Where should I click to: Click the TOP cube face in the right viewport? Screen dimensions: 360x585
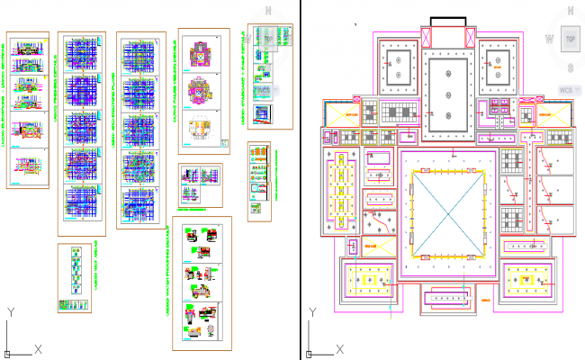(569, 40)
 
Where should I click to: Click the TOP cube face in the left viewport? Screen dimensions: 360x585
(268, 40)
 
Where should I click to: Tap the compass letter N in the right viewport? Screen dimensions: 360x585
(569, 11)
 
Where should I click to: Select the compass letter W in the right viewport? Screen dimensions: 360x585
(547, 39)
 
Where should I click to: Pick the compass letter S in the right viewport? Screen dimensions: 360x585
(569, 67)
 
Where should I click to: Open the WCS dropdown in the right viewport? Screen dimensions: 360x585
(566, 90)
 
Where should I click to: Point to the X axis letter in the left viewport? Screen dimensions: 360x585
(38, 347)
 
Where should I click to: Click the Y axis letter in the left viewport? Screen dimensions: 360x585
(10, 311)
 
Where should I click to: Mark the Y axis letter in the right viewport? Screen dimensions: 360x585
(312, 311)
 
